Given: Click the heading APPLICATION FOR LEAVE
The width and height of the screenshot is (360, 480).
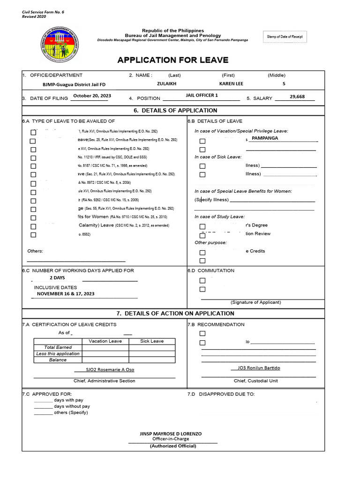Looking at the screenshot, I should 173,60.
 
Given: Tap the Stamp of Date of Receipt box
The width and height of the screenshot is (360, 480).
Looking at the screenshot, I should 285,37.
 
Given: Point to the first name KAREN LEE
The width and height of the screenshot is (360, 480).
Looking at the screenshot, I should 231,83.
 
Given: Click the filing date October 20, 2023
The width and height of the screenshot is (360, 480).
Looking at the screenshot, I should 92,96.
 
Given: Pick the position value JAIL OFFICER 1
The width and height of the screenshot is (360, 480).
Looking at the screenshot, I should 202,96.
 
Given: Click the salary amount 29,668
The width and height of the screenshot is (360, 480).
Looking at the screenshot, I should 297,97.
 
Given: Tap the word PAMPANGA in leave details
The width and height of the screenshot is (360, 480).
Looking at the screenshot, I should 265,138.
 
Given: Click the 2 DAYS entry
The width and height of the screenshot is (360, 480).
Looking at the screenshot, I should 57,277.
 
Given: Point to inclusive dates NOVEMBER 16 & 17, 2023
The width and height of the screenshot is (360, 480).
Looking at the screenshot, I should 66,293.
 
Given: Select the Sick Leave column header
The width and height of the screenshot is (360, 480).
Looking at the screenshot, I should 152,341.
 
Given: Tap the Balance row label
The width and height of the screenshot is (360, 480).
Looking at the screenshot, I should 58,360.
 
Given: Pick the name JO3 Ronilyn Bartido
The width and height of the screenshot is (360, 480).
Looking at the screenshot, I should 255,368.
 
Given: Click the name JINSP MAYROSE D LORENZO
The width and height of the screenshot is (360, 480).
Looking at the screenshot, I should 171,434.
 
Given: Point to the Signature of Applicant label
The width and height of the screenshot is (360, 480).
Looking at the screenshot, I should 255,302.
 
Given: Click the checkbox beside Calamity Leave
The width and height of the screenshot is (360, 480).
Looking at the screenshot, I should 33,226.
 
